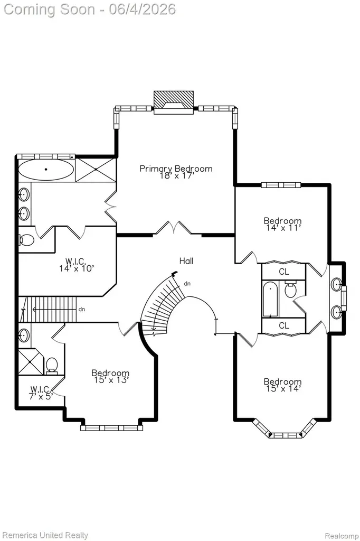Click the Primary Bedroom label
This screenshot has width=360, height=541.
click(x=176, y=169)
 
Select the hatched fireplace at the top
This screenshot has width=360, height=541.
click(x=174, y=100)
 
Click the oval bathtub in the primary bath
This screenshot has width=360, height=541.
click(x=45, y=170)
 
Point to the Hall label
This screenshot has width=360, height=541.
click(x=186, y=261)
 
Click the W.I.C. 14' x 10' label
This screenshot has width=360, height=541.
click(x=77, y=265)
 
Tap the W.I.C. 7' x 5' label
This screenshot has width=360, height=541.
click(x=41, y=393)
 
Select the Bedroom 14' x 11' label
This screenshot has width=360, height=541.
click(x=283, y=224)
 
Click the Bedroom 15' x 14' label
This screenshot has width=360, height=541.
click(x=283, y=385)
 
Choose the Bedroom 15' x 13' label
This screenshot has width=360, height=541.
click(x=110, y=376)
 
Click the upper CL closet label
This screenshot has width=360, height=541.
click(x=284, y=272)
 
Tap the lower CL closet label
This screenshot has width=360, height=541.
click(x=284, y=325)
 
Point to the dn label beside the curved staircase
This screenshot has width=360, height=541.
click(x=187, y=284)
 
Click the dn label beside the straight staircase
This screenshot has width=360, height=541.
click(x=82, y=309)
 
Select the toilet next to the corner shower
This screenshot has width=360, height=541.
click(x=52, y=366)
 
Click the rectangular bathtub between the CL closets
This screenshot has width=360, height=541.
click(x=270, y=299)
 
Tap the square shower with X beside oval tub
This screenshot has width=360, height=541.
click(x=95, y=170)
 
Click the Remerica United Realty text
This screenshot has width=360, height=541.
click(x=45, y=535)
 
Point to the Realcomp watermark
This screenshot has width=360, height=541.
click(x=342, y=536)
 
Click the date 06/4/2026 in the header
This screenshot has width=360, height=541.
click(x=143, y=9)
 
